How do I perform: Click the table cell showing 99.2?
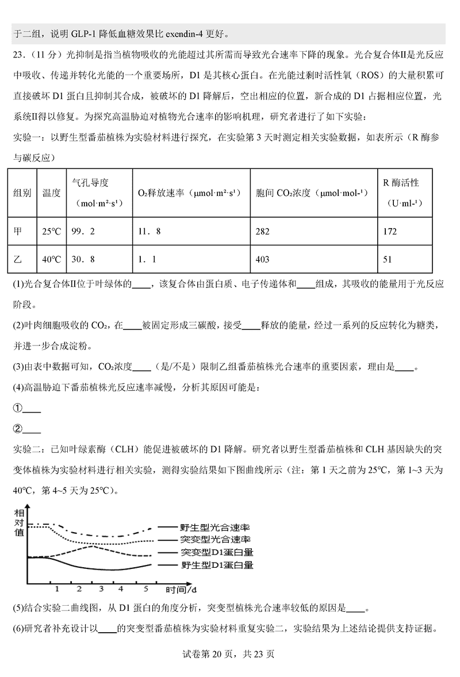point(83,232)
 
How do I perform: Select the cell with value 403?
point(263,259)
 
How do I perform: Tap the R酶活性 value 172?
point(390,232)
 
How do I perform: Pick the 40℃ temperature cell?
point(51,259)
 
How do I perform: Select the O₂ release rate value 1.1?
point(148,259)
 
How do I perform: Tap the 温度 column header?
point(51,193)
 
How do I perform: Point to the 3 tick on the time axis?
point(101,589)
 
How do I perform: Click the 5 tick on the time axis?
point(146,589)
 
